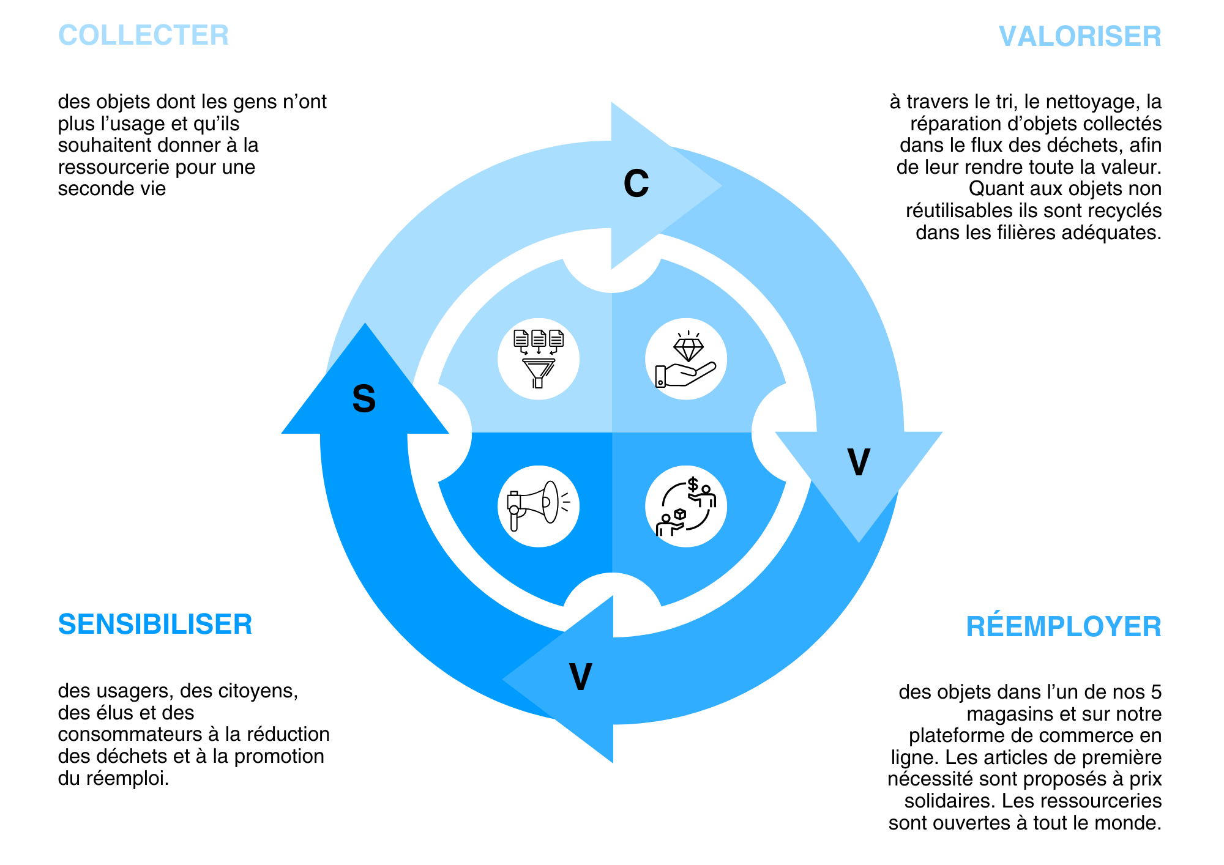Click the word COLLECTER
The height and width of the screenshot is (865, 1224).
tap(143, 35)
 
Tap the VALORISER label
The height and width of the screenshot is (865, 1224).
tap(1080, 36)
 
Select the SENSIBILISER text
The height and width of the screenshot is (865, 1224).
tap(155, 624)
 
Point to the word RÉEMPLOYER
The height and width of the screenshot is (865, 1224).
tap(1064, 626)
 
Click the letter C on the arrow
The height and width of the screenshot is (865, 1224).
tap(636, 183)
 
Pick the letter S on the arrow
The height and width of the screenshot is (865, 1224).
tap(364, 399)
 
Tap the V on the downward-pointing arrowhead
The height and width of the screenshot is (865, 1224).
tap(859, 462)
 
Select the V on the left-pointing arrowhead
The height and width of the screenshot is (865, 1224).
tap(580, 677)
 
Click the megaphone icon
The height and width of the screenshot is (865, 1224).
tap(538, 506)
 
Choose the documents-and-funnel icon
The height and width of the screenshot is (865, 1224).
tap(538, 358)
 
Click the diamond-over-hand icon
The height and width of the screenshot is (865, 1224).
tap(686, 359)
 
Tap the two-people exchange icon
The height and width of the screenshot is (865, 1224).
tap(686, 507)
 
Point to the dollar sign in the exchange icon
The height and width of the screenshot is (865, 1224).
tap(693, 484)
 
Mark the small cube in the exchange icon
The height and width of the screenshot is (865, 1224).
tap(679, 514)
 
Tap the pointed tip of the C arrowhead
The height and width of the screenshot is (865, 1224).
tap(720, 185)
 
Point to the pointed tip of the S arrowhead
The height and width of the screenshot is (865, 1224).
tap(365, 325)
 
